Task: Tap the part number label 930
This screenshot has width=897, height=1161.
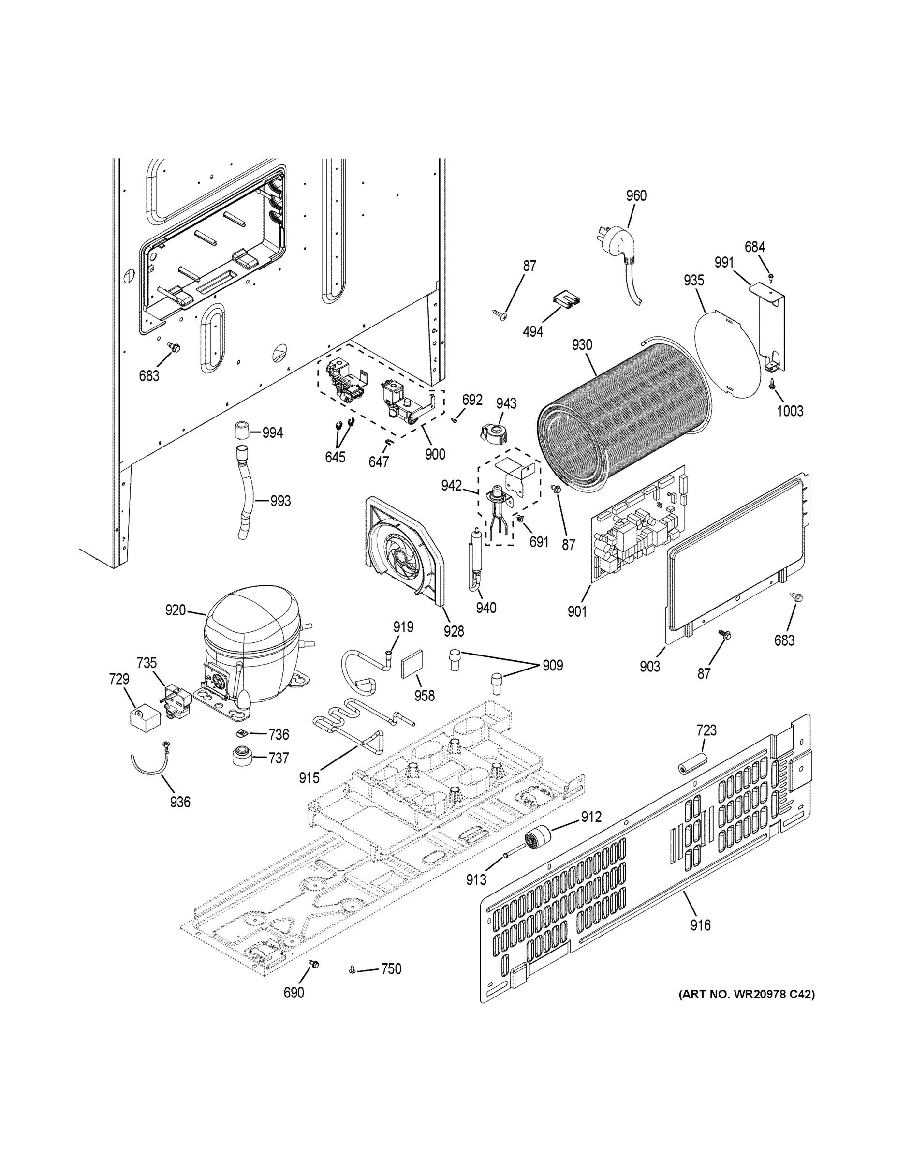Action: [x=582, y=345]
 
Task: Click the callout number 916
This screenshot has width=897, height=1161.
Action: [x=700, y=925]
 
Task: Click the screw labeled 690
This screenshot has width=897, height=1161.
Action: [x=313, y=964]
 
